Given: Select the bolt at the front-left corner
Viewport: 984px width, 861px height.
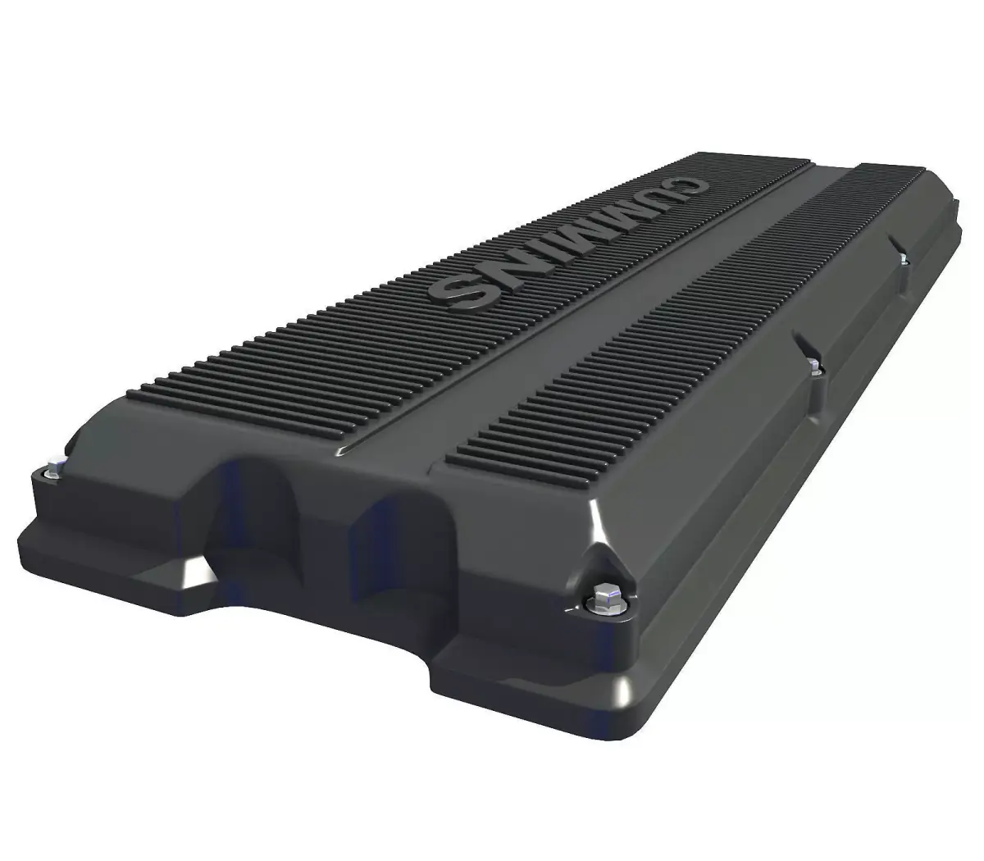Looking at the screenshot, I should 51,471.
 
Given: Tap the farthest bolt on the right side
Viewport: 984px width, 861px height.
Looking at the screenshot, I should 902,260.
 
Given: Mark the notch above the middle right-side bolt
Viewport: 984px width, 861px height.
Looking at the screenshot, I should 799,343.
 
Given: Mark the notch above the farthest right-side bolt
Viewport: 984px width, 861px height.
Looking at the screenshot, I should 895,244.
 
